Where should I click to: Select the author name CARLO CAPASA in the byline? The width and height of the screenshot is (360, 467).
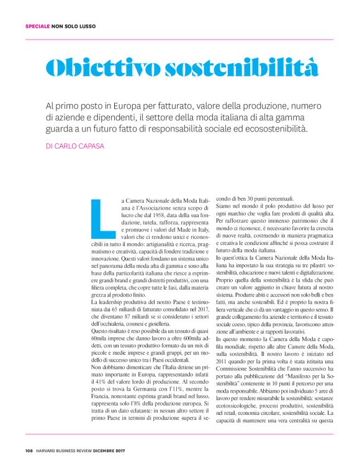pos(78,146)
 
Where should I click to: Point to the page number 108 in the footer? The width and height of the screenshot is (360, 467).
pos(29,450)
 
